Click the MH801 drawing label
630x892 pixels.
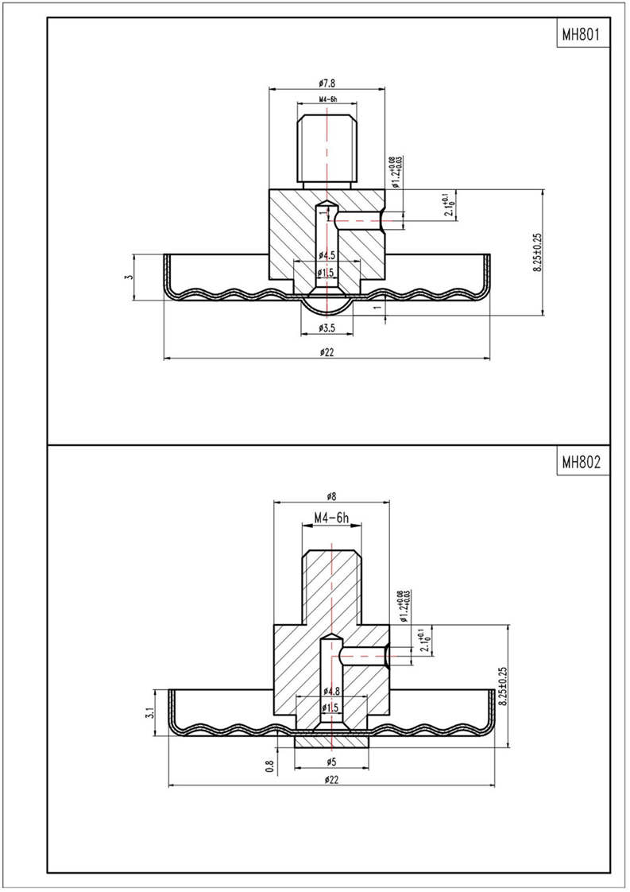(x=580, y=36)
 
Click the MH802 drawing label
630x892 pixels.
(x=580, y=462)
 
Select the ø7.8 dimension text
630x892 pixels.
(x=327, y=83)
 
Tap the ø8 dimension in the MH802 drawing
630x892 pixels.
(x=331, y=495)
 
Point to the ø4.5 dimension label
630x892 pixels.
(x=327, y=255)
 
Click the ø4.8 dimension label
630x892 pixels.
(x=332, y=691)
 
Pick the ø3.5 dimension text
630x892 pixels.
(x=327, y=328)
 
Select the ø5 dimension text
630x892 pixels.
(x=332, y=762)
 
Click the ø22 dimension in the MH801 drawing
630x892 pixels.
(x=327, y=352)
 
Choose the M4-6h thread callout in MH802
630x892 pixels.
(x=332, y=518)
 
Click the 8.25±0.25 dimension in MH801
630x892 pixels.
(x=538, y=253)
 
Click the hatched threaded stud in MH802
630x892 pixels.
(x=333, y=584)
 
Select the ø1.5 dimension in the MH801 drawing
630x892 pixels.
(x=327, y=273)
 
